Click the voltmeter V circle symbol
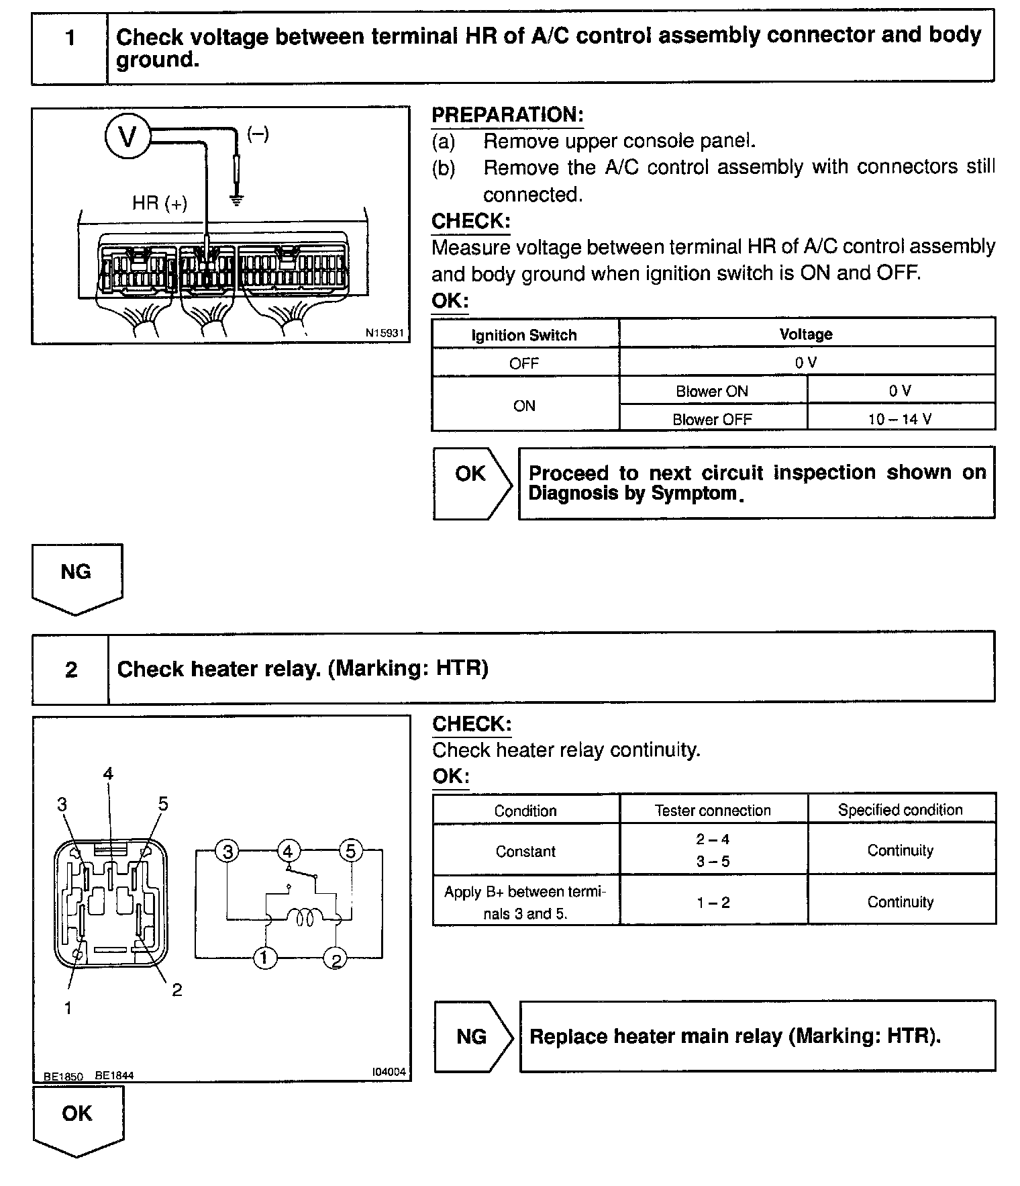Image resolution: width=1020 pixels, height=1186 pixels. point(127,137)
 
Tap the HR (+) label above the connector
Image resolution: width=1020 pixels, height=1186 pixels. point(159,203)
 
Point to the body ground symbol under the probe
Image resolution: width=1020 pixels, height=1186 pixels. point(236,199)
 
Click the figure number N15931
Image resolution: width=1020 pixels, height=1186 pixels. point(385,332)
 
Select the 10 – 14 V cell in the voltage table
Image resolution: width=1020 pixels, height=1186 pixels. point(900,419)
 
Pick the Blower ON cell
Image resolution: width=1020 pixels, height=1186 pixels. point(712,391)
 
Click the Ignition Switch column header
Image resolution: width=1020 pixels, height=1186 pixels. point(524,334)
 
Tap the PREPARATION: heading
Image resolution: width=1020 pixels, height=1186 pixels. point(507,115)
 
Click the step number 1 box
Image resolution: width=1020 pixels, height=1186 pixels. point(70,38)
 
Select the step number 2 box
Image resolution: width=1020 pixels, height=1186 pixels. point(71,670)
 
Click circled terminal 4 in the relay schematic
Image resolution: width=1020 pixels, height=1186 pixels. point(287,852)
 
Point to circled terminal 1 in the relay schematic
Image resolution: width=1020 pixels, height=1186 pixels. point(265,958)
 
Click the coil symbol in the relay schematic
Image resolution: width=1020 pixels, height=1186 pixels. point(305,917)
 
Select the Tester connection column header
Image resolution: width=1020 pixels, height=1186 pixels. point(713,810)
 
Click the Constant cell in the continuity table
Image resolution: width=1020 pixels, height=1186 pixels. point(525,851)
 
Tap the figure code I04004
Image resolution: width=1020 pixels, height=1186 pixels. point(389,1072)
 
